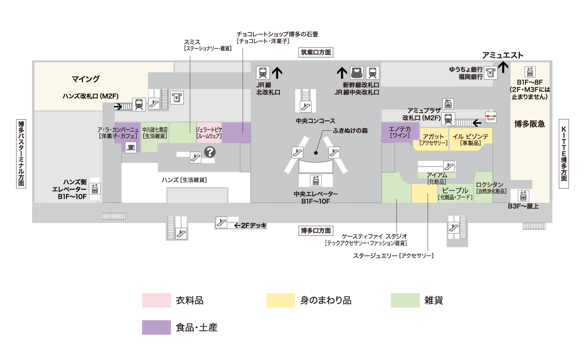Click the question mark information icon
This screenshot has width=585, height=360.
click(210, 152)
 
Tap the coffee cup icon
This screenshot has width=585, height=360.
click(130, 147)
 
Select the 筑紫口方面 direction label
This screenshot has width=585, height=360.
click(316, 53)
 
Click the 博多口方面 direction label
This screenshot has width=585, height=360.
click(316, 231)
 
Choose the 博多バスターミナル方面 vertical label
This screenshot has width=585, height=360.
click(21, 153)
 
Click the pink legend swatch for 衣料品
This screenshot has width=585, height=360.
click(156, 300)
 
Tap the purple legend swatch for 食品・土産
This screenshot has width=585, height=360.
click(156, 327)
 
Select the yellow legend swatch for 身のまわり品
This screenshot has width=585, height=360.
click(281, 300)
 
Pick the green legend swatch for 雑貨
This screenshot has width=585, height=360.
click(405, 300)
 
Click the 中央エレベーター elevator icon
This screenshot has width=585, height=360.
click(316, 180)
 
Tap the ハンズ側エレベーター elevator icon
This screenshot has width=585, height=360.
click(94, 188)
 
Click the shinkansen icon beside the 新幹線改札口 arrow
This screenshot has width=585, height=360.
click(357, 72)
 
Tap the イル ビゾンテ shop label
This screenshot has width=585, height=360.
click(470, 137)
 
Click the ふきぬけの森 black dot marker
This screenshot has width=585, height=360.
click(316, 152)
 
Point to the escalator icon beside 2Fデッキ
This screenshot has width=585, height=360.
click(221, 223)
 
